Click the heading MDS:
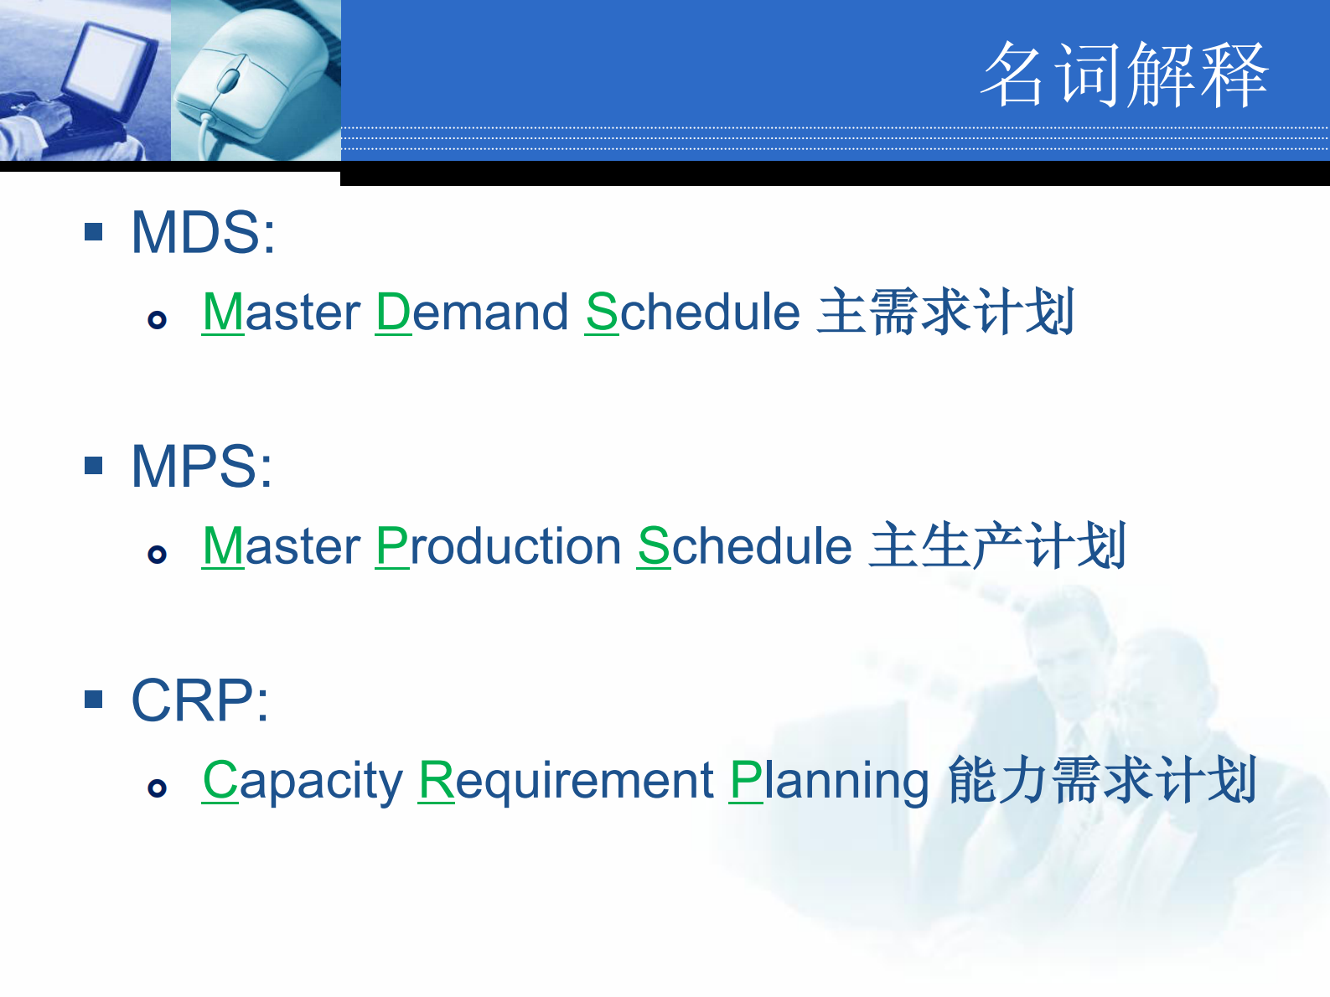click(203, 232)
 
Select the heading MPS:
click(201, 466)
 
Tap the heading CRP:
click(199, 700)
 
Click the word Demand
click(472, 313)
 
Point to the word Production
click(498, 546)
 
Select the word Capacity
click(303, 781)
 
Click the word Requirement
click(566, 781)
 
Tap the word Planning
click(829, 781)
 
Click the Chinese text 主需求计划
click(945, 313)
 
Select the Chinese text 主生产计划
click(997, 546)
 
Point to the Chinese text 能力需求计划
click(1101, 781)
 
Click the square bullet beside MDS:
click(94, 231)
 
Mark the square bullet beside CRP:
click(94, 699)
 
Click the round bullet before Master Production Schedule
click(157, 554)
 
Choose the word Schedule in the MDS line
click(692, 313)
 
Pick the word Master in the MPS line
click(282, 546)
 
